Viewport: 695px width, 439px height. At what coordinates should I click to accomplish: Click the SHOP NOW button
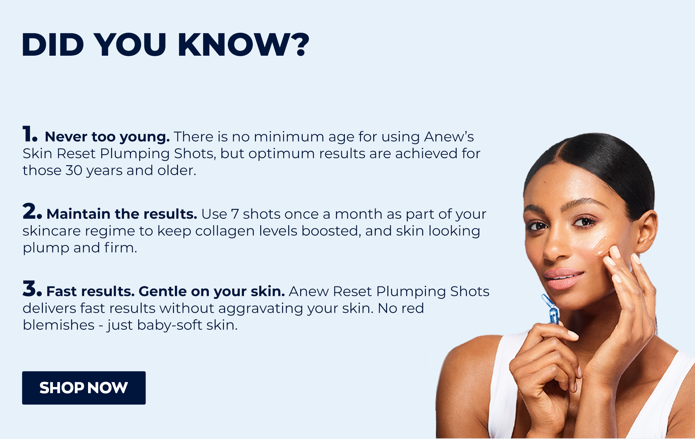(84, 388)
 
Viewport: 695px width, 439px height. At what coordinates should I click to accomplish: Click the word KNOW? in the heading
(243, 45)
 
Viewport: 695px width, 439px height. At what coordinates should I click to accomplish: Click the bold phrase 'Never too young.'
(107, 137)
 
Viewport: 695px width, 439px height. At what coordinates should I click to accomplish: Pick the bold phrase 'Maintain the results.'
(122, 214)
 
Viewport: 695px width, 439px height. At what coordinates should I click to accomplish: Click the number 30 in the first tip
(74, 170)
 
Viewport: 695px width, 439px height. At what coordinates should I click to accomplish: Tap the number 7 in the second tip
(235, 214)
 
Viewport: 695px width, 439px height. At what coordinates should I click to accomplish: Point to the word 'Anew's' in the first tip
(449, 137)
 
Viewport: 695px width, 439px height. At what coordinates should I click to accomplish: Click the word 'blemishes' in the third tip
(59, 325)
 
